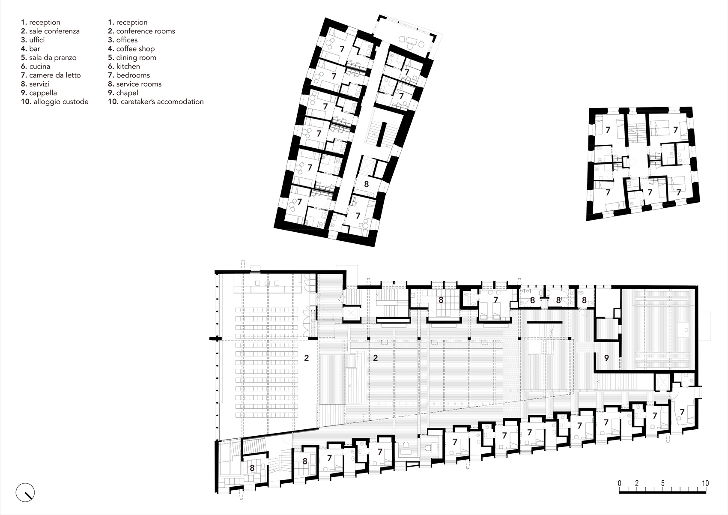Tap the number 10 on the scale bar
704,483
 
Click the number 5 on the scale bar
662,483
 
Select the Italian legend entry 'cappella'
43,93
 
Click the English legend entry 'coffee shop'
135,49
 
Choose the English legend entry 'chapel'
127,93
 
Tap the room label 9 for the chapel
606,358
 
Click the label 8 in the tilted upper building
366,185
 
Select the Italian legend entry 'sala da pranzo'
52,57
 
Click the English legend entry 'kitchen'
128,66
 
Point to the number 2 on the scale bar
637,483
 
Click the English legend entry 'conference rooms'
145,31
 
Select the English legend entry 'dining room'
136,57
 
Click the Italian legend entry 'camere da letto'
54,75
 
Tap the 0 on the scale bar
619,483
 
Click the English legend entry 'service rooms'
138,84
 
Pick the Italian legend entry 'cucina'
39,66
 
